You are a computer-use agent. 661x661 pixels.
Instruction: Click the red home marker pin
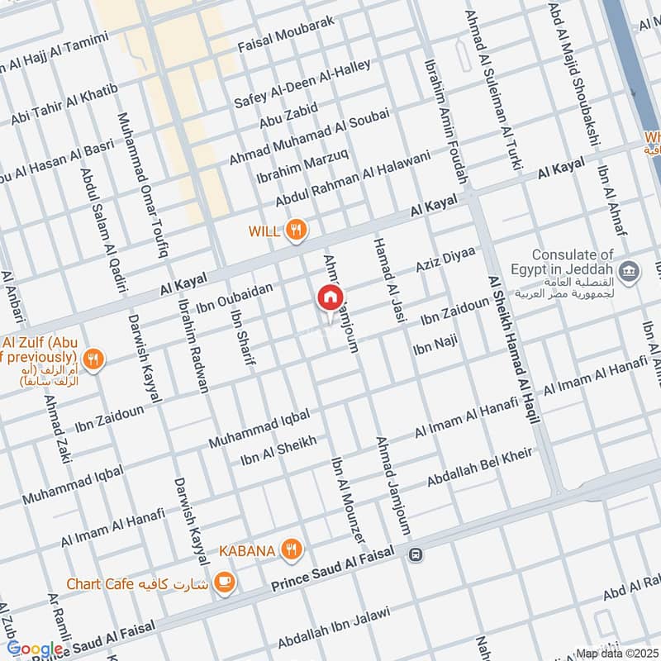pos(330,298)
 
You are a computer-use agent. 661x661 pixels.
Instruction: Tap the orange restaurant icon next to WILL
pos(296,231)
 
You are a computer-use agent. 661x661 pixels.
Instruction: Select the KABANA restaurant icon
pos(290,548)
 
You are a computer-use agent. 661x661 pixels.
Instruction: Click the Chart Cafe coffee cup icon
pos(223,583)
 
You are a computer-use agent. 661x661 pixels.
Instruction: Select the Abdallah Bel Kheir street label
pos(479,468)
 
